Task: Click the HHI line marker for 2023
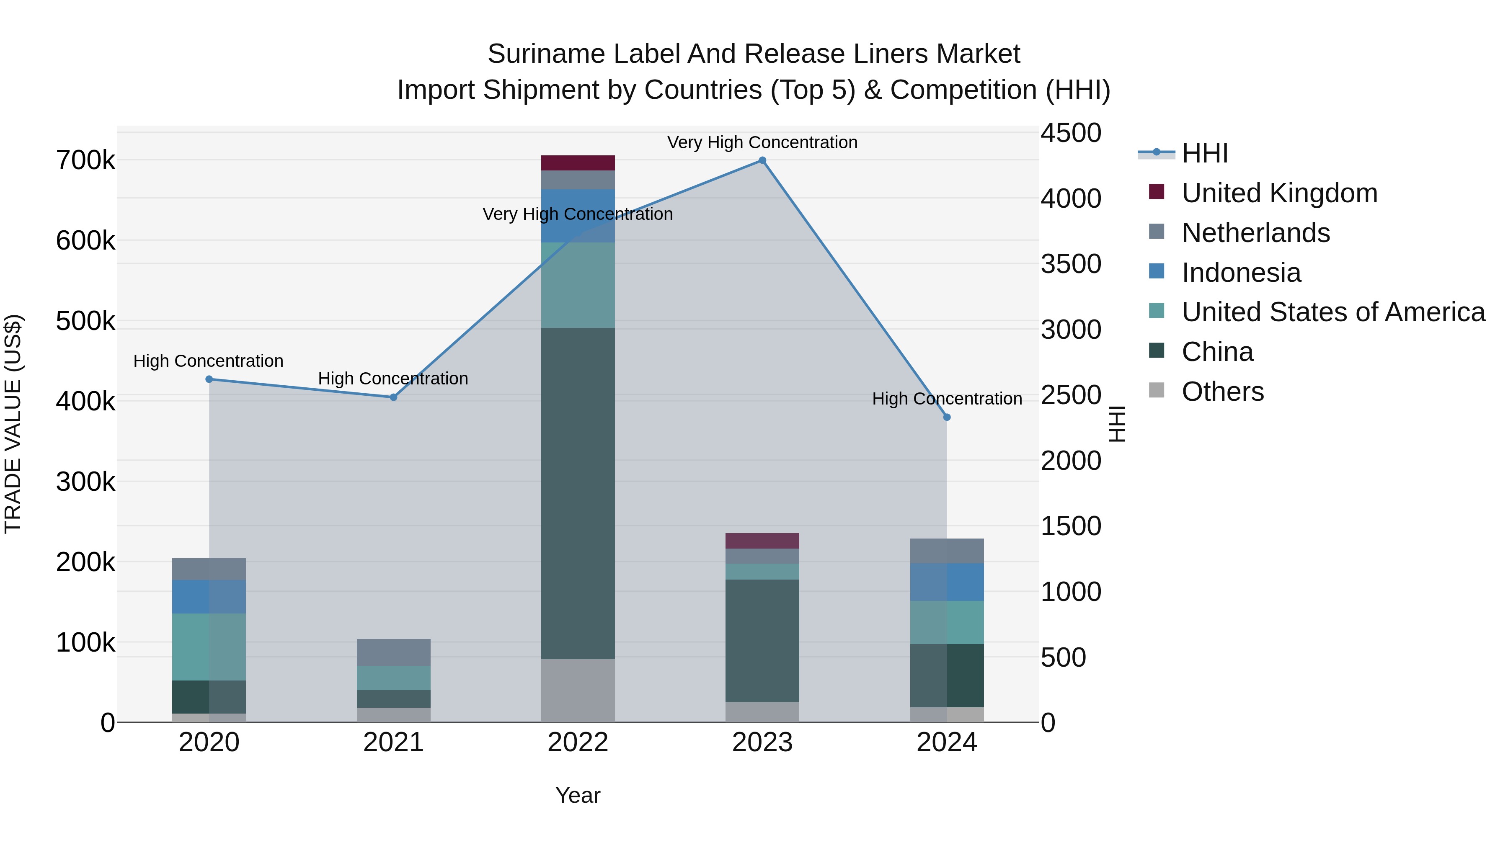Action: click(762, 160)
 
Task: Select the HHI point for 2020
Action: click(209, 379)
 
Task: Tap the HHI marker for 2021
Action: click(393, 397)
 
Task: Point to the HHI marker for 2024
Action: click(947, 417)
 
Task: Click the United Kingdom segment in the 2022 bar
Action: click(578, 163)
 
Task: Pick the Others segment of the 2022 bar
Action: click(578, 691)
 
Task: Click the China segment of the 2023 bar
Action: click(762, 641)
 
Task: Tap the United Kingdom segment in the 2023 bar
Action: click(762, 541)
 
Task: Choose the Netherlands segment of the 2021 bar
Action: click(393, 652)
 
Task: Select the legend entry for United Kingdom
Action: click(1279, 193)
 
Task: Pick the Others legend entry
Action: click(1222, 392)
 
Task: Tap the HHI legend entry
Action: click(1204, 153)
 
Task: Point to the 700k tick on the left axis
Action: click(85, 160)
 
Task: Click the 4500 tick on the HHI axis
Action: click(1071, 133)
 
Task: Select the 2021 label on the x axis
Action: click(393, 742)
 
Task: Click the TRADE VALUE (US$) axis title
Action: click(13, 424)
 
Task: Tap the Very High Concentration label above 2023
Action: click(762, 142)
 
